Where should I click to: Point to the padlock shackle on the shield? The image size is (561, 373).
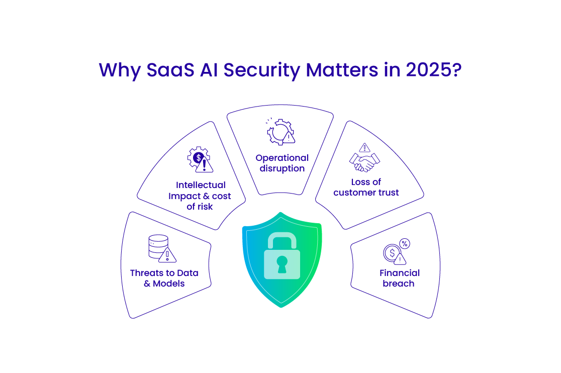click(282, 240)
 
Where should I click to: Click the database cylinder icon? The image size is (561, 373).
click(158, 246)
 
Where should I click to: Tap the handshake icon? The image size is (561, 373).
click(364, 162)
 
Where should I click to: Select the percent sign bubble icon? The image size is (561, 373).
click(404, 244)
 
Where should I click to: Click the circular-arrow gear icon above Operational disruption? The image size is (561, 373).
click(277, 131)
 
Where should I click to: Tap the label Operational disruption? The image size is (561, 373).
click(282, 163)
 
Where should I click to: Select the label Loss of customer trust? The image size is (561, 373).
click(366, 187)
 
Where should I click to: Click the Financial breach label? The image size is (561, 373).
click(399, 278)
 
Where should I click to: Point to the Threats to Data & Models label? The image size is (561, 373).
click(164, 278)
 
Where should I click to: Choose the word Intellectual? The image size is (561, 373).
click(201, 185)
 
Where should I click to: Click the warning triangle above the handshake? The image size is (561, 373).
click(365, 147)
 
